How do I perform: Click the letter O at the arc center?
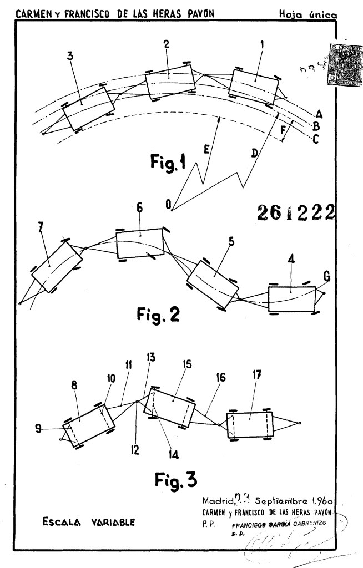point(168,205)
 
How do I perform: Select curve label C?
point(316,140)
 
